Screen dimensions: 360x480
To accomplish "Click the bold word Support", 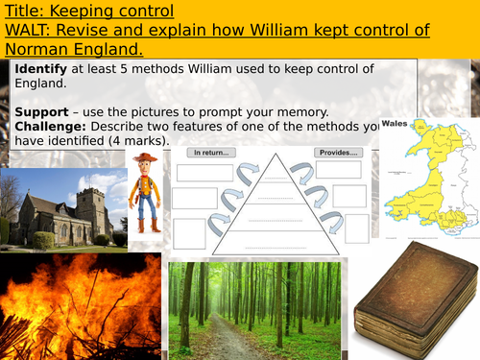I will tap(43, 113).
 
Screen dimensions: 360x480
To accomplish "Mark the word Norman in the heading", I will tap(32, 47).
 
